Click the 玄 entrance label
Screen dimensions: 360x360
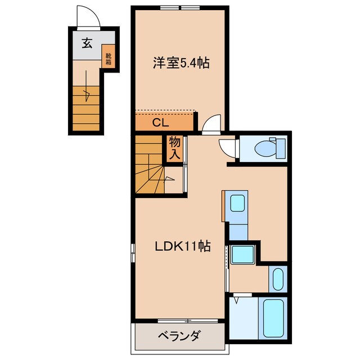(87, 43)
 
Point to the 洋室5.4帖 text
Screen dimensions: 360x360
(181, 63)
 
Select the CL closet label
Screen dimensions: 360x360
(161, 121)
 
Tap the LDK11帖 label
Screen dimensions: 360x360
(182, 246)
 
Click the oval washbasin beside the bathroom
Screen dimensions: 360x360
(277, 278)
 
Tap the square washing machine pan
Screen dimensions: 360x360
(243, 255)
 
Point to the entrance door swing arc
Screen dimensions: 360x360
(88, 16)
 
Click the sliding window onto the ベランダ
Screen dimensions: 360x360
(179, 322)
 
